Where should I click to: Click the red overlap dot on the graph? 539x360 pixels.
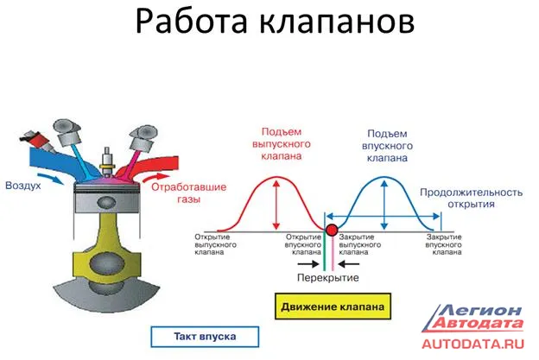pos(332,230)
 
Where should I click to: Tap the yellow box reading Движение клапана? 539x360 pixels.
pos(333,306)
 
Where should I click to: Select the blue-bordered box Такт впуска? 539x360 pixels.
pos(205,337)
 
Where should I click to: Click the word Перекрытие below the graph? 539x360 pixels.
pos(327,278)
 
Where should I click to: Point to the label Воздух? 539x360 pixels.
pos(23,186)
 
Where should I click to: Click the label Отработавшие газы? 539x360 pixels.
pos(188,193)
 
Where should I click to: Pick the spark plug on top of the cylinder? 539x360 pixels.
pos(106,162)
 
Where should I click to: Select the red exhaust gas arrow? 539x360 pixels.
pos(155,177)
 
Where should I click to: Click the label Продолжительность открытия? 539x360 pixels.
pos(471,199)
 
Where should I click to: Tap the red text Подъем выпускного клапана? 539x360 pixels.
pos(282,144)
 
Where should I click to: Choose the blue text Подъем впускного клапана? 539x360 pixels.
pos(387,146)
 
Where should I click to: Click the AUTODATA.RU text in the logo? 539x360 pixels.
pos(472,344)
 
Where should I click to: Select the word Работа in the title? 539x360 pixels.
pos(191,22)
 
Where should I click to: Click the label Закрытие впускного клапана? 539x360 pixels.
pos(443,244)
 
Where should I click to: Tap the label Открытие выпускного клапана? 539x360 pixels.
pos(216,244)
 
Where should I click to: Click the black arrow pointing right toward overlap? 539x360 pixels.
pos(308,264)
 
